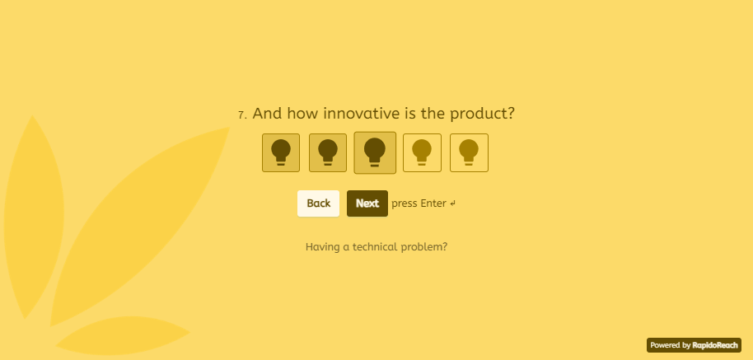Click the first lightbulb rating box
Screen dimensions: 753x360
click(x=281, y=152)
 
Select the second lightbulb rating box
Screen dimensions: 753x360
click(x=328, y=152)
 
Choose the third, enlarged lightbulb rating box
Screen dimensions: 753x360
click(x=375, y=152)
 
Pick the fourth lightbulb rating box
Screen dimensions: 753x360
click(x=422, y=152)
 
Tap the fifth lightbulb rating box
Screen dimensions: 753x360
click(x=470, y=152)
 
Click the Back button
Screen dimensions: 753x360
click(x=318, y=203)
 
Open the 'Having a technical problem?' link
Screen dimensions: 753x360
click(x=376, y=247)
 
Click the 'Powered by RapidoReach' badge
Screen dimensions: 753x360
click(x=694, y=345)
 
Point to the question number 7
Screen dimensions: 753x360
click(x=242, y=115)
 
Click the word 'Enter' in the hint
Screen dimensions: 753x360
click(x=433, y=203)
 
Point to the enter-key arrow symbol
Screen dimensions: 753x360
click(x=453, y=203)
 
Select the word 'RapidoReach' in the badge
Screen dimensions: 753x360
click(x=715, y=345)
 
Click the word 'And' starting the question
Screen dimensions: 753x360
click(x=265, y=114)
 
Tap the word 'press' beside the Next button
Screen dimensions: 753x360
click(x=405, y=204)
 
